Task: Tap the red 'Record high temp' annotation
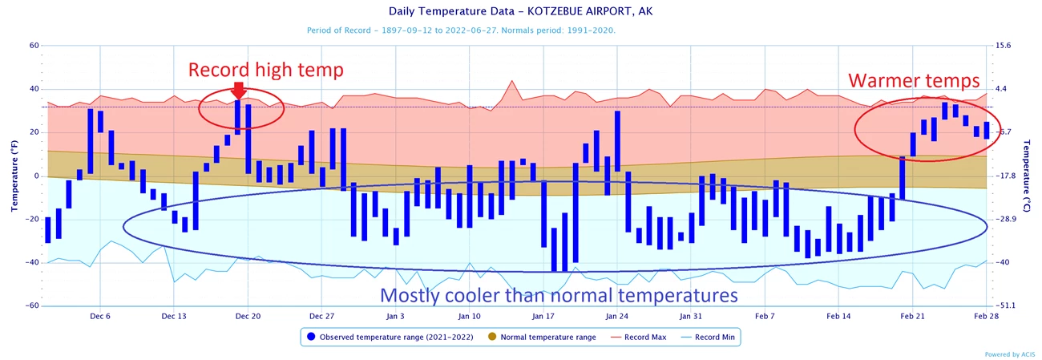click(x=265, y=71)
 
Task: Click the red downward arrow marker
click(x=238, y=90)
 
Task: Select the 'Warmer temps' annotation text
click(x=914, y=81)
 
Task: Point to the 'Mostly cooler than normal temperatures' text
click(x=558, y=296)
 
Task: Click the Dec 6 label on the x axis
click(x=100, y=316)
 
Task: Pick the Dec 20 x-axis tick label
click(x=248, y=316)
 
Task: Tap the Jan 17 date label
click(x=543, y=316)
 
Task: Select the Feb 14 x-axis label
click(x=838, y=316)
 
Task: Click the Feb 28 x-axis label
click(x=986, y=316)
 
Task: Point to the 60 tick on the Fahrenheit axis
click(x=34, y=46)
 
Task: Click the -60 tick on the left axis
click(x=32, y=305)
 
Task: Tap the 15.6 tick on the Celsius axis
click(x=1003, y=46)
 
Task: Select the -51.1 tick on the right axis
click(x=1005, y=305)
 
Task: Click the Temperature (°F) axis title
click(x=14, y=176)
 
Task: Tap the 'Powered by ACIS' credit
click(x=1009, y=354)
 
